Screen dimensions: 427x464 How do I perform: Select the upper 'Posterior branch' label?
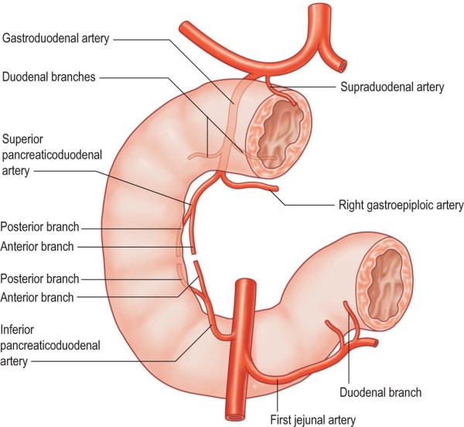39,228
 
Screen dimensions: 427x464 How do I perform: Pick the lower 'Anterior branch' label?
37,296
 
